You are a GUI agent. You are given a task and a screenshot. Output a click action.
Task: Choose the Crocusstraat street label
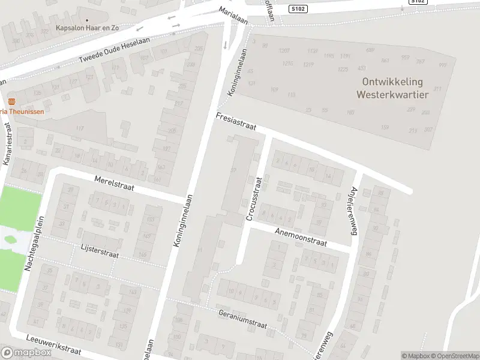click(x=254, y=199)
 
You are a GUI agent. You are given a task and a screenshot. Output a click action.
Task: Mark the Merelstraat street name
click(x=114, y=184)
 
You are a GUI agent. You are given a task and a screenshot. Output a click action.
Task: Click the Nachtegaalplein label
click(x=35, y=242)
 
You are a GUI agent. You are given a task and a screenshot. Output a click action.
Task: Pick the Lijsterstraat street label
click(x=100, y=251)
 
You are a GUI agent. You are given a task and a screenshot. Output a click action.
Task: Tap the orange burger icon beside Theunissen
click(x=11, y=100)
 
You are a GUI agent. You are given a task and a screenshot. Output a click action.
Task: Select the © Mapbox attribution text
click(x=416, y=356)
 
